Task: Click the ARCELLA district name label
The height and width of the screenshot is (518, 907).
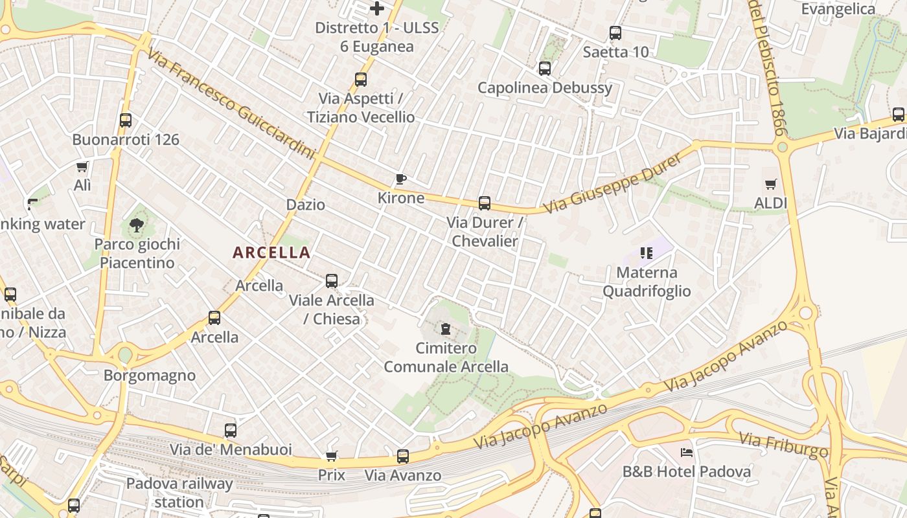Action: click(271, 253)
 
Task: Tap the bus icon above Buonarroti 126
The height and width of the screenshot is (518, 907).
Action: click(126, 120)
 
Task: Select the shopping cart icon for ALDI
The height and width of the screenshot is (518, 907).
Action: click(770, 185)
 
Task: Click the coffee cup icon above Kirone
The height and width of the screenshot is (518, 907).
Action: click(401, 179)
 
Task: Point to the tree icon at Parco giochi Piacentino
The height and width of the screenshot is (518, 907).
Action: click(136, 225)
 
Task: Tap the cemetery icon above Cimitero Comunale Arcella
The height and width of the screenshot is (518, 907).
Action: click(446, 329)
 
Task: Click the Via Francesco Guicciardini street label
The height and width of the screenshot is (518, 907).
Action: click(230, 104)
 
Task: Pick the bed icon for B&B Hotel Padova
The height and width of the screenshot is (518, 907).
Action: click(687, 452)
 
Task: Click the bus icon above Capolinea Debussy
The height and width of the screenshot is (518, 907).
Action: click(545, 68)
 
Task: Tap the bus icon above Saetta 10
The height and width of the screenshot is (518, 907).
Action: click(615, 32)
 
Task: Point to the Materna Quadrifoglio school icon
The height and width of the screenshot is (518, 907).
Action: click(646, 253)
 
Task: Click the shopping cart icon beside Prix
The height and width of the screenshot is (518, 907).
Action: click(331, 456)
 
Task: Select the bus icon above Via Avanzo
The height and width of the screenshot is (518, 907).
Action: click(403, 456)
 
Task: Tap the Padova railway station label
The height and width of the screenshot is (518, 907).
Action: click(179, 492)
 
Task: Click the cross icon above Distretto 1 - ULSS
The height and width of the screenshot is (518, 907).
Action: click(377, 8)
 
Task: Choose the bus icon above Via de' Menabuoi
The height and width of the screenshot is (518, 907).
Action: click(231, 430)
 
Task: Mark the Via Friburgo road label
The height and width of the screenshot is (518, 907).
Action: click(783, 445)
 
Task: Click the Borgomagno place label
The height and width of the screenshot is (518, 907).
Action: click(150, 376)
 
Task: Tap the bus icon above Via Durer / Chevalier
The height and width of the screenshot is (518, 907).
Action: click(485, 203)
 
